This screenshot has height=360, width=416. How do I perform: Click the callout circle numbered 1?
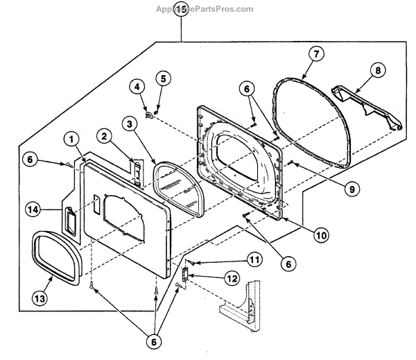(71, 138)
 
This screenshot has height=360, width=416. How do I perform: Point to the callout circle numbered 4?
(137, 87)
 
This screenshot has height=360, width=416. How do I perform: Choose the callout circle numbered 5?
(162, 77)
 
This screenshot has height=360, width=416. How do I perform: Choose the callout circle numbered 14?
(32, 209)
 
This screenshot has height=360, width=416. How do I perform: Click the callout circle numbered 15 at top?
(181, 10)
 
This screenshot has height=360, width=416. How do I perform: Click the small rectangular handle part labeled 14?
(71, 221)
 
